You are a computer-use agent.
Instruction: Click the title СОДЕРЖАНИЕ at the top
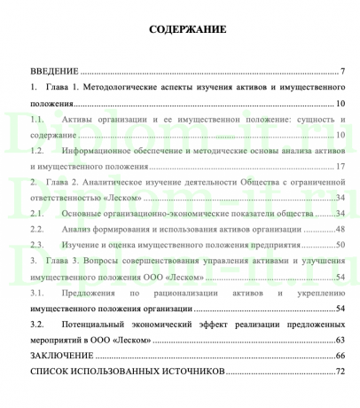pos(188,30)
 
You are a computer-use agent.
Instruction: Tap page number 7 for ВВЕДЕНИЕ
pos(341,71)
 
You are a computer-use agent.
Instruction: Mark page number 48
pos(340,229)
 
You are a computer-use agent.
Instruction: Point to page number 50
pos(340,245)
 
